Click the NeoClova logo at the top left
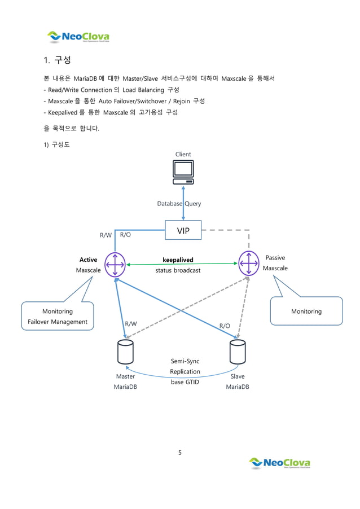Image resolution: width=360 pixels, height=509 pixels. pyautogui.click(x=78, y=37)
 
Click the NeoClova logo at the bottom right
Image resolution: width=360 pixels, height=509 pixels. pyautogui.click(x=280, y=463)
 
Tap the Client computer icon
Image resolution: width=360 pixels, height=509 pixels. pyautogui.click(x=183, y=172)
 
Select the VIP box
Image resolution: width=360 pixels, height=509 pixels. pyautogui.click(x=183, y=230)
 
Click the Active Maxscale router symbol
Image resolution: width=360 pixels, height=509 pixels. pyautogui.click(x=115, y=264)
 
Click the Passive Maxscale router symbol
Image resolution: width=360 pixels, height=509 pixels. pyautogui.click(x=248, y=263)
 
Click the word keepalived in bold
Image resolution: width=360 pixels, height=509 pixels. pyautogui.click(x=178, y=260)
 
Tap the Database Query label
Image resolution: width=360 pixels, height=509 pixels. pyautogui.click(x=179, y=204)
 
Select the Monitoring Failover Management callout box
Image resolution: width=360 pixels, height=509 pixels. pyautogui.click(x=58, y=317)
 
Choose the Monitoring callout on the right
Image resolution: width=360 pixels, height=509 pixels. pyautogui.click(x=306, y=311)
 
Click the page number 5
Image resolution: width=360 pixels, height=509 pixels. pyautogui.click(x=179, y=451)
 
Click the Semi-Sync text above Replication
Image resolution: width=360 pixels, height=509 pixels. pyautogui.click(x=185, y=361)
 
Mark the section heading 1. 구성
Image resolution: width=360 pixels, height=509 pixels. pyautogui.click(x=57, y=60)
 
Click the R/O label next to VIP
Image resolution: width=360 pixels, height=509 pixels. pyautogui.click(x=126, y=234)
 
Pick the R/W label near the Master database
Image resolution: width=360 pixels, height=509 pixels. pyautogui.click(x=131, y=324)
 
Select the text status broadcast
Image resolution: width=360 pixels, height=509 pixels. pyautogui.click(x=178, y=270)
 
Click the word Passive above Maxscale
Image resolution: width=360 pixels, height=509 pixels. pyautogui.click(x=275, y=258)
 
